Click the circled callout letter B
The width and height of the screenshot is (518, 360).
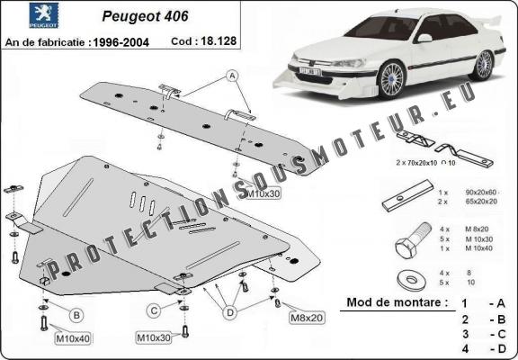coord(76,314)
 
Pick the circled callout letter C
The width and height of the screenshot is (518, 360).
coord(155,311)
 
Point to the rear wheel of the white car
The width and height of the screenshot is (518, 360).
coord(485,65)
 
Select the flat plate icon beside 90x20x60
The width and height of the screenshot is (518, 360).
coord(400,198)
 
